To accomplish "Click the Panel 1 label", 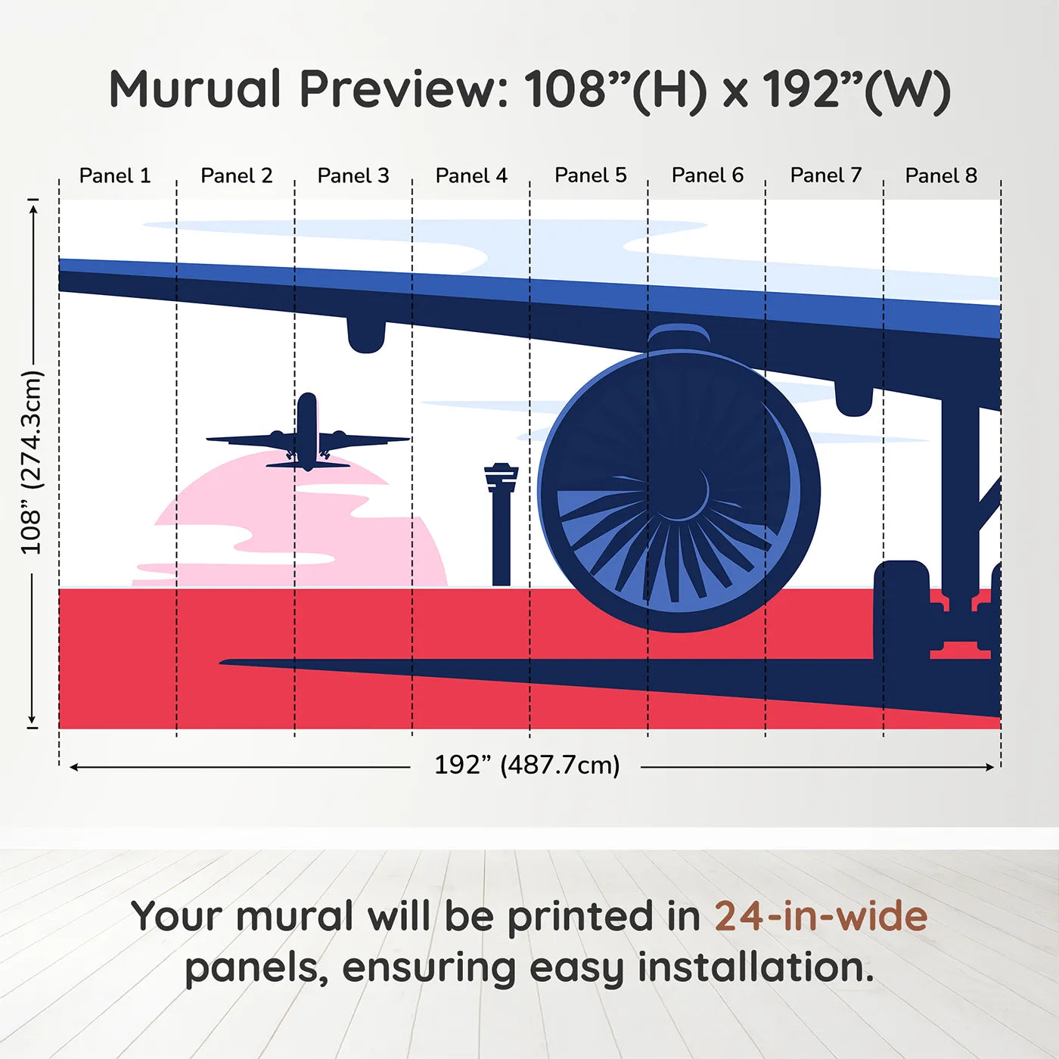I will coord(115,175).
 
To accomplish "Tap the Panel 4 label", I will coord(471,175).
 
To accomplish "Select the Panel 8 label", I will coord(941,175).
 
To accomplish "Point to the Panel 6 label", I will coord(707,175).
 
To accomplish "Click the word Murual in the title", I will coord(195,89).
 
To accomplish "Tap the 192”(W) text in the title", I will coord(856,89).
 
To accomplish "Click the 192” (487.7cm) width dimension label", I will coord(526,765).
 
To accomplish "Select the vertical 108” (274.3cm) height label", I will coord(32,462).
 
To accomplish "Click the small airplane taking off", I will coord(307,435).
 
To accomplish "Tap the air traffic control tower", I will coord(501,522).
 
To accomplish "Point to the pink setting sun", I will coord(295,529).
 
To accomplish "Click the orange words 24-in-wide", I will coord(821,916).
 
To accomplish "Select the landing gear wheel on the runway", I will coord(902,613).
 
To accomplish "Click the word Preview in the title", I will coord(404,89).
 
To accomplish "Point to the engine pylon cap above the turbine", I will coord(679,337).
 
